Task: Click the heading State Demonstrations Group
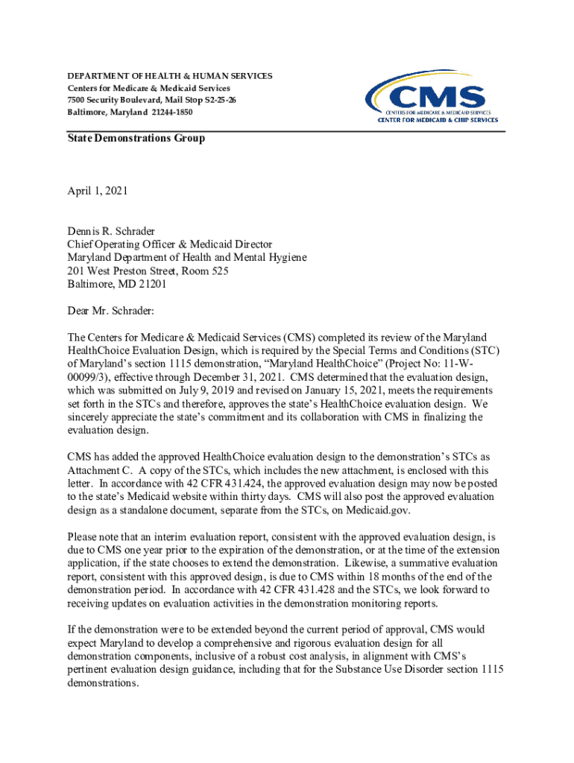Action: tap(136, 139)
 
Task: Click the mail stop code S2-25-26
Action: tap(216, 100)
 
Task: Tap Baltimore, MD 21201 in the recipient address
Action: tap(116, 284)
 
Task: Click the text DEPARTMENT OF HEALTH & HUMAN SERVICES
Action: tap(170, 76)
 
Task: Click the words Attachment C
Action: tap(98, 470)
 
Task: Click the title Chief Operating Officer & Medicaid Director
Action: tap(170, 244)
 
